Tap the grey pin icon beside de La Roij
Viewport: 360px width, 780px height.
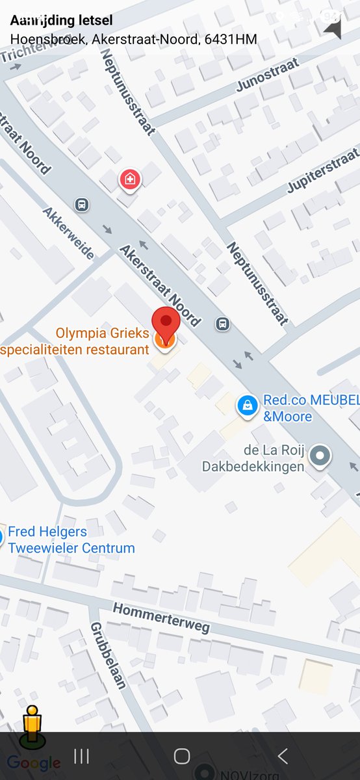[319, 456]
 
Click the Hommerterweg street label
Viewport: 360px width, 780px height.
[161, 617]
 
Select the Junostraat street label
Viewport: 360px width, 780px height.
[268, 75]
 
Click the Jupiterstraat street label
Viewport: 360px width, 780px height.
[323, 170]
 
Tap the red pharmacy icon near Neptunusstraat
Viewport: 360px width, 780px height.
[129, 178]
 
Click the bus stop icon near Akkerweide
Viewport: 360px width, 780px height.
[82, 205]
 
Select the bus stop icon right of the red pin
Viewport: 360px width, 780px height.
[223, 323]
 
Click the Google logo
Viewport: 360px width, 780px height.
[34, 763]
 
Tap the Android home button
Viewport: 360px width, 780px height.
[181, 756]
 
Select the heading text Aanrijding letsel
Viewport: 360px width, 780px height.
[62, 21]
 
